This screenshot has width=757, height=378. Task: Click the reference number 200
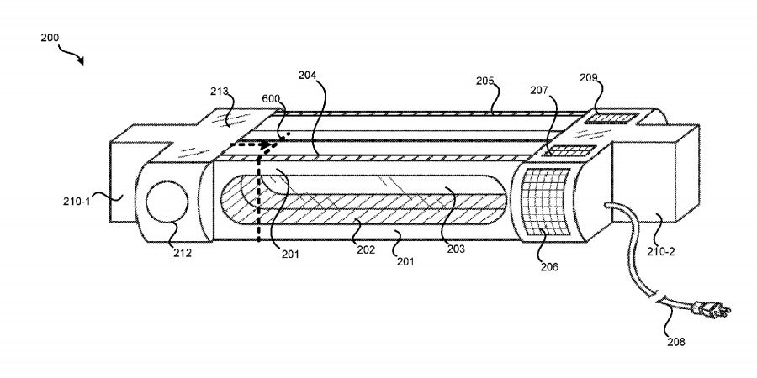pyautogui.click(x=50, y=38)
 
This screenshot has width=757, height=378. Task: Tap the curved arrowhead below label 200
pyautogui.click(x=80, y=60)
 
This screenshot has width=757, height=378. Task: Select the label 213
pyautogui.click(x=219, y=91)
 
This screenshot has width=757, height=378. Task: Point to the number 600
pyautogui.click(x=271, y=98)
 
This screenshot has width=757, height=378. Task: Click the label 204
pyautogui.click(x=307, y=75)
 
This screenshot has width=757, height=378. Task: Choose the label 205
pyautogui.click(x=485, y=81)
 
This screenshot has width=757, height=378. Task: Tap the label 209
pyautogui.click(x=589, y=77)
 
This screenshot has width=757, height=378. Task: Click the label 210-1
pyautogui.click(x=77, y=202)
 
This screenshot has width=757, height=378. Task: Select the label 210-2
pyautogui.click(x=661, y=251)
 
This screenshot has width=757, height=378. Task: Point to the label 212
pyautogui.click(x=183, y=253)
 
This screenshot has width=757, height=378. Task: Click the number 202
pyautogui.click(x=366, y=250)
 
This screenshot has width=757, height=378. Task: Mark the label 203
pyautogui.click(x=456, y=249)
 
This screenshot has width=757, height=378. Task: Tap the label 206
pyautogui.click(x=549, y=266)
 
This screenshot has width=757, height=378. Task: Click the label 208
pyautogui.click(x=676, y=342)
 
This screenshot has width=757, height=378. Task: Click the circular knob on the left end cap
pyautogui.click(x=167, y=202)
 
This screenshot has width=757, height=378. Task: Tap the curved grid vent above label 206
pyautogui.click(x=546, y=202)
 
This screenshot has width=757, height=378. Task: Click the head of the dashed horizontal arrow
pyautogui.click(x=265, y=144)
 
